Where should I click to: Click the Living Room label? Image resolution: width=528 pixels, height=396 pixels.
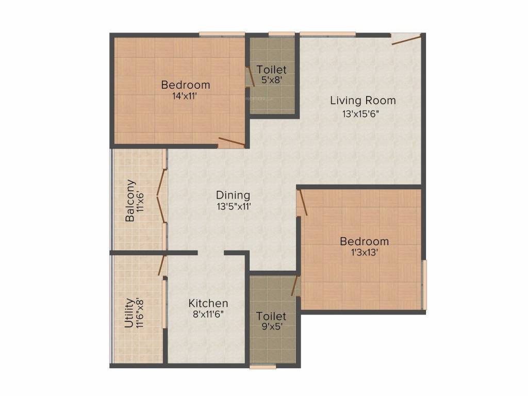pyautogui.click(x=363, y=100)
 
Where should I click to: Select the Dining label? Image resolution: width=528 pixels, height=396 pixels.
pyautogui.click(x=233, y=195)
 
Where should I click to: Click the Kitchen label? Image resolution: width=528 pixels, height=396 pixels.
pyautogui.click(x=208, y=303)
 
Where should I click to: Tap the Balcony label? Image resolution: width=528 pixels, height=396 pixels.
pyautogui.click(x=131, y=201)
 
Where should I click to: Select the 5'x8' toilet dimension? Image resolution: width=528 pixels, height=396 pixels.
pyautogui.click(x=271, y=80)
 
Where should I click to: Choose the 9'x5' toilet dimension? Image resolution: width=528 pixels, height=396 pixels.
pyautogui.click(x=271, y=326)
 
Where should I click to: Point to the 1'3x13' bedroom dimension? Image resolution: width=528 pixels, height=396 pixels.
pyautogui.click(x=364, y=252)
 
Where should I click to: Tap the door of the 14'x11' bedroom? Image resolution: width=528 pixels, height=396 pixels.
pyautogui.click(x=231, y=142)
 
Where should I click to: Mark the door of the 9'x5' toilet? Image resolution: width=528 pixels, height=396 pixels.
pyautogui.click(x=295, y=286)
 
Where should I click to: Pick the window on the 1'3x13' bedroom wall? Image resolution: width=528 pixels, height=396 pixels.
pyautogui.click(x=424, y=285)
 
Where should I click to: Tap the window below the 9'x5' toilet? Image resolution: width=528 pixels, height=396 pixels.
pyautogui.click(x=262, y=367)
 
